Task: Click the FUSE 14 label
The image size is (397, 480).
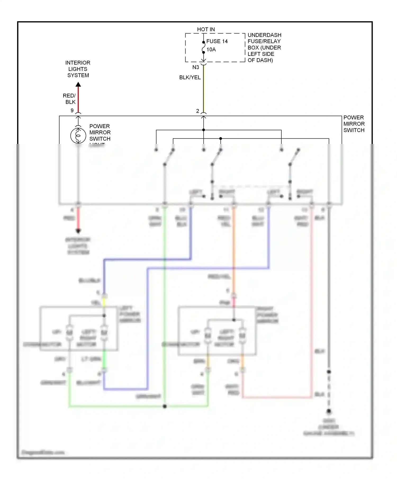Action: (x=217, y=41)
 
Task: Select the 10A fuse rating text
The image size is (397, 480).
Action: (x=211, y=49)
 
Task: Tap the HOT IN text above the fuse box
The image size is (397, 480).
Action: (x=206, y=29)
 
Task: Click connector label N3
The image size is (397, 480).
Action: (x=196, y=67)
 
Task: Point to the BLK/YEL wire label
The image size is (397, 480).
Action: (x=190, y=78)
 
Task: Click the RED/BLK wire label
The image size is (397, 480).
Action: (x=69, y=99)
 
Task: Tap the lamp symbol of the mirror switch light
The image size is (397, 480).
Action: (x=78, y=135)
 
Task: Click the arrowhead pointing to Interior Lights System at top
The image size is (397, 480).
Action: (x=78, y=85)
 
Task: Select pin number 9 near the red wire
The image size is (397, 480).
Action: (x=72, y=111)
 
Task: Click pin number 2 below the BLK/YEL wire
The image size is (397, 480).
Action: (x=197, y=111)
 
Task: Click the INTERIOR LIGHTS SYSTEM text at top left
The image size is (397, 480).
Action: (x=78, y=69)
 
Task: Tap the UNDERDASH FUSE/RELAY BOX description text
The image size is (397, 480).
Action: (x=264, y=48)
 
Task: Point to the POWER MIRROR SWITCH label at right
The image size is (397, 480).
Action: (x=354, y=124)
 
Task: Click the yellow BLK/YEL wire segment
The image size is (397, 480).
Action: (x=203, y=90)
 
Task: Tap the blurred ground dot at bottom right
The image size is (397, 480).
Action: (x=329, y=411)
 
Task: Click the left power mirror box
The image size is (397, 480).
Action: (x=79, y=329)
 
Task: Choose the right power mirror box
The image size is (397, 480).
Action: (x=217, y=331)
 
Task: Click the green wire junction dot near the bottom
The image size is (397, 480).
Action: (x=165, y=406)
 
